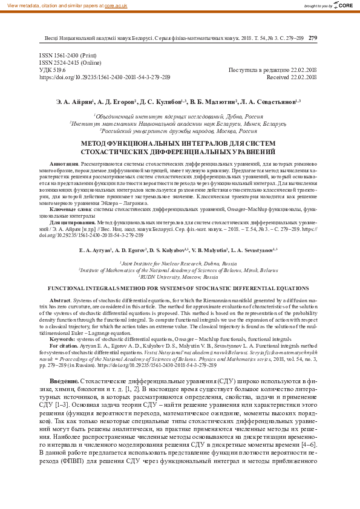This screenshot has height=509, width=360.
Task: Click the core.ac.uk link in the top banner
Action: pos(116,5)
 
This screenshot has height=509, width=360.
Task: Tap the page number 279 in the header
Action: pos(313,38)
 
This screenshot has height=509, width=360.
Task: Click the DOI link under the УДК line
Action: pos(105,77)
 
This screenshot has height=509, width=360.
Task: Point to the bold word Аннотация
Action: pos(64,164)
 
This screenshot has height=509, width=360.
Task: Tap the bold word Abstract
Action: pos(59,300)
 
